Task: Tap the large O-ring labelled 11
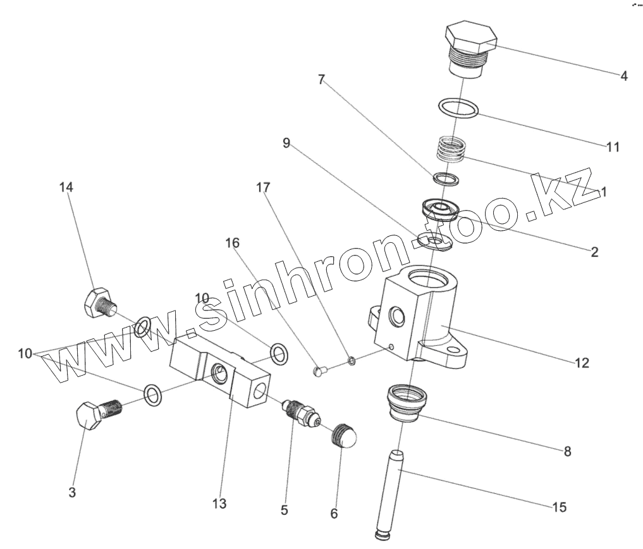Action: point(458,108)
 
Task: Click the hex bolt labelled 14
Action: point(99,302)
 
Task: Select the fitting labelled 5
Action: point(300,415)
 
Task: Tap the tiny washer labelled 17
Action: point(351,361)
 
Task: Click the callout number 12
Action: point(582,363)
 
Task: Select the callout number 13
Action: point(219,504)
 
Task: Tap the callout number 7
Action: point(321,80)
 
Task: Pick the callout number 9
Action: point(286,144)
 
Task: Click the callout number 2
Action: point(594,252)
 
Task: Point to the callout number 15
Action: point(559,507)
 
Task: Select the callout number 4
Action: point(623,77)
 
